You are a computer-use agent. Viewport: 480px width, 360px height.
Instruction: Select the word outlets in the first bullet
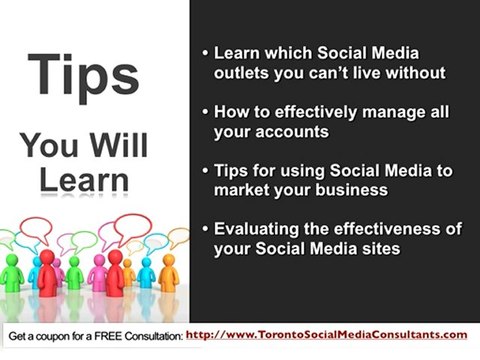243,73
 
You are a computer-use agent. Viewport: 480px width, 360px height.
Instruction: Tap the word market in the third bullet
243,190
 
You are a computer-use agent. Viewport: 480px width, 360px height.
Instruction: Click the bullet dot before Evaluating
205,230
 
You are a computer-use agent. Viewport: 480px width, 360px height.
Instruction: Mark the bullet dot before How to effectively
205,113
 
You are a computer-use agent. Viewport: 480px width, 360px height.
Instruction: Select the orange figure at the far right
169,275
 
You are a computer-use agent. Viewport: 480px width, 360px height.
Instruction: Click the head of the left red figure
46,257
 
